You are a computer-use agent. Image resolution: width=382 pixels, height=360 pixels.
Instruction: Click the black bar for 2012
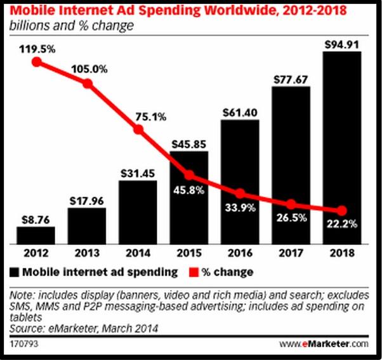pos(36,235)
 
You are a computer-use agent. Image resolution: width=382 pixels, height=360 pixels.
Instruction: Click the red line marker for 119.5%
pos(37,62)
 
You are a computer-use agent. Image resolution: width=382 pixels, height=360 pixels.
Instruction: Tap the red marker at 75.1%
pos(139,130)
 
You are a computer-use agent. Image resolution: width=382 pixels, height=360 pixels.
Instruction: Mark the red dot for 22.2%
pos(343,211)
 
